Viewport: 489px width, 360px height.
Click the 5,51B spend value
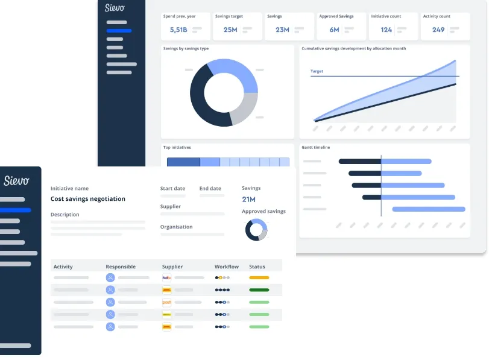point(178,30)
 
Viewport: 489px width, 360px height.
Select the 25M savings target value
point(230,30)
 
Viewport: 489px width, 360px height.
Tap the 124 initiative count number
point(386,30)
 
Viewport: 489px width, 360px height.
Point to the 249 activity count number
point(438,30)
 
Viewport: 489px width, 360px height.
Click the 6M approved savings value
point(334,30)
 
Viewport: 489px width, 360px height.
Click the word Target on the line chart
point(317,71)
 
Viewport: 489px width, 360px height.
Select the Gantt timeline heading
point(316,147)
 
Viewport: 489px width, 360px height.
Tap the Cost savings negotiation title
point(88,199)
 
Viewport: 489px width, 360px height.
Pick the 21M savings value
point(248,200)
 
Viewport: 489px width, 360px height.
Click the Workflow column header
point(227,267)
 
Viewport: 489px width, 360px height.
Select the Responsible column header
point(121,267)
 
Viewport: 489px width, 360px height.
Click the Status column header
point(257,267)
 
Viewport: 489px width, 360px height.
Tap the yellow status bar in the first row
point(259,278)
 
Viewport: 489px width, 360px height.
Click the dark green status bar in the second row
point(259,290)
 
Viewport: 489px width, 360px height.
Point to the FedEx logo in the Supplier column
point(167,278)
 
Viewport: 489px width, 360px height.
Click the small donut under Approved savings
point(256,230)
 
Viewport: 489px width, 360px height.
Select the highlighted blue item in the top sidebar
point(119,30)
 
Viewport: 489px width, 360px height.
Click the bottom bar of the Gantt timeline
point(429,209)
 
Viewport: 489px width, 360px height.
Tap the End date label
point(210,189)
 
